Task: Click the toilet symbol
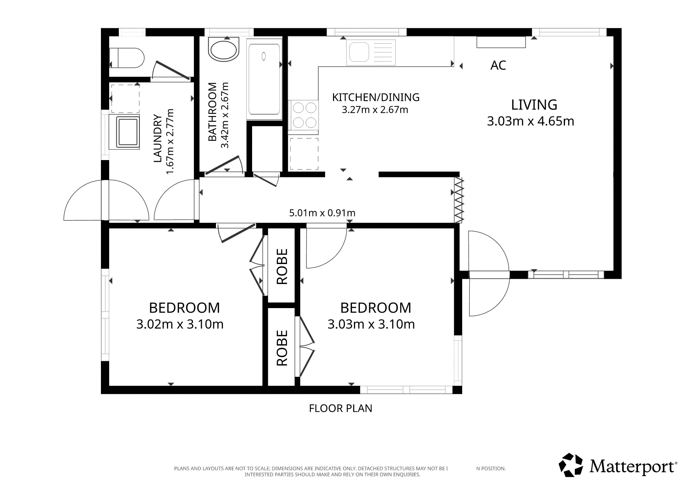(x=126, y=58)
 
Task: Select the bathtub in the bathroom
(x=264, y=79)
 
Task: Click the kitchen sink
(x=371, y=52)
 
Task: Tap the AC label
(x=498, y=65)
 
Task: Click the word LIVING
(x=534, y=105)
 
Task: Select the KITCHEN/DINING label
(x=376, y=97)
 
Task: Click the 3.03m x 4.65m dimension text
(x=530, y=121)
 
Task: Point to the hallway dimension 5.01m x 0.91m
(x=322, y=213)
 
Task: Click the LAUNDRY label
(x=157, y=138)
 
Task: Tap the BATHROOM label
(x=212, y=112)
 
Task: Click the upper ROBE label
(x=282, y=266)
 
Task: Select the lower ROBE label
(x=282, y=348)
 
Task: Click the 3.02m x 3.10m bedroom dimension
(x=180, y=324)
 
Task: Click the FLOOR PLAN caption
(x=341, y=408)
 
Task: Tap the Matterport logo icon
(x=571, y=465)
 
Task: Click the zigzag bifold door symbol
(x=459, y=200)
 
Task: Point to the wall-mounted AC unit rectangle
(x=501, y=42)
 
